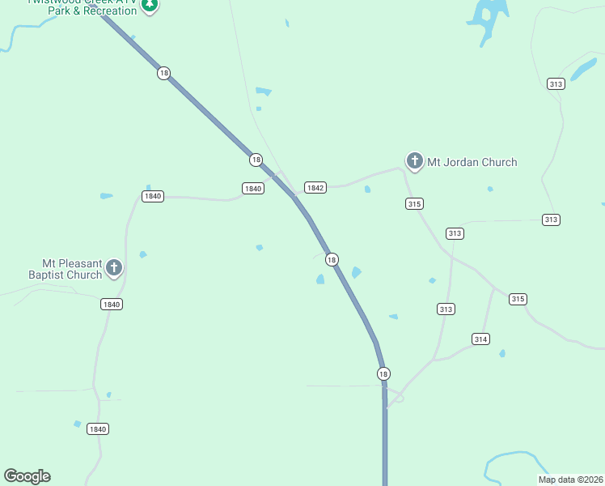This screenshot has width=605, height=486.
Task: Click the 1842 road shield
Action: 315,188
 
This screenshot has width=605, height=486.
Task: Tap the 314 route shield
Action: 480,339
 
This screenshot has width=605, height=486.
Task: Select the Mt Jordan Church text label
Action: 472,162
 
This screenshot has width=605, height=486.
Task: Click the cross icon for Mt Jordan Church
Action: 414,161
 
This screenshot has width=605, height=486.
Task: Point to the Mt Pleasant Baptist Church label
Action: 73,269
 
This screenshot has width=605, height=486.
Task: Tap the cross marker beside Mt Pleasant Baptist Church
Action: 114,267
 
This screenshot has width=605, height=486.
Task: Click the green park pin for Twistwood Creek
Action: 149,5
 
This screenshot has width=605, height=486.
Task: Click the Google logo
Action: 27,476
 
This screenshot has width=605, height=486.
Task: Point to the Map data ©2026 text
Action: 571,480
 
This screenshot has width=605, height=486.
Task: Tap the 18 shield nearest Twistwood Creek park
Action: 164,73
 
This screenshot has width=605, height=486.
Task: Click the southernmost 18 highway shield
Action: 383,373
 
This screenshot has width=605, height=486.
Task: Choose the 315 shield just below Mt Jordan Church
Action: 414,204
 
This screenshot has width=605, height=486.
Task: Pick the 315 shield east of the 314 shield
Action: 518,299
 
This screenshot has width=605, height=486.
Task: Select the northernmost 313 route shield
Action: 555,84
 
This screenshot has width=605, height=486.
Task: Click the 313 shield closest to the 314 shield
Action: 446,309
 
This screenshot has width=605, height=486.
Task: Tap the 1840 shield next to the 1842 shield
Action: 253,188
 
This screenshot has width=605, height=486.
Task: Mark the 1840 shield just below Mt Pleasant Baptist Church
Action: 112,305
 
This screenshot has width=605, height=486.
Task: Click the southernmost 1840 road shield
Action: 98,428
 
